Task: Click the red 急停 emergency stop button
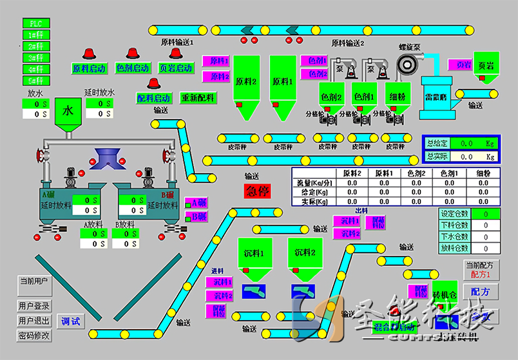(x=257, y=191)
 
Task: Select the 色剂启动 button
(x=133, y=68)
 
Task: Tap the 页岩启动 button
(x=175, y=68)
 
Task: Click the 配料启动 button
(x=154, y=98)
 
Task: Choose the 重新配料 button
(x=198, y=98)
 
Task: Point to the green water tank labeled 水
(x=68, y=111)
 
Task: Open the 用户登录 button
(x=34, y=307)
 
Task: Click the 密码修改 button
(x=34, y=336)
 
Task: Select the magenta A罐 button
(x=197, y=202)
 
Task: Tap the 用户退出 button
(x=34, y=321)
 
